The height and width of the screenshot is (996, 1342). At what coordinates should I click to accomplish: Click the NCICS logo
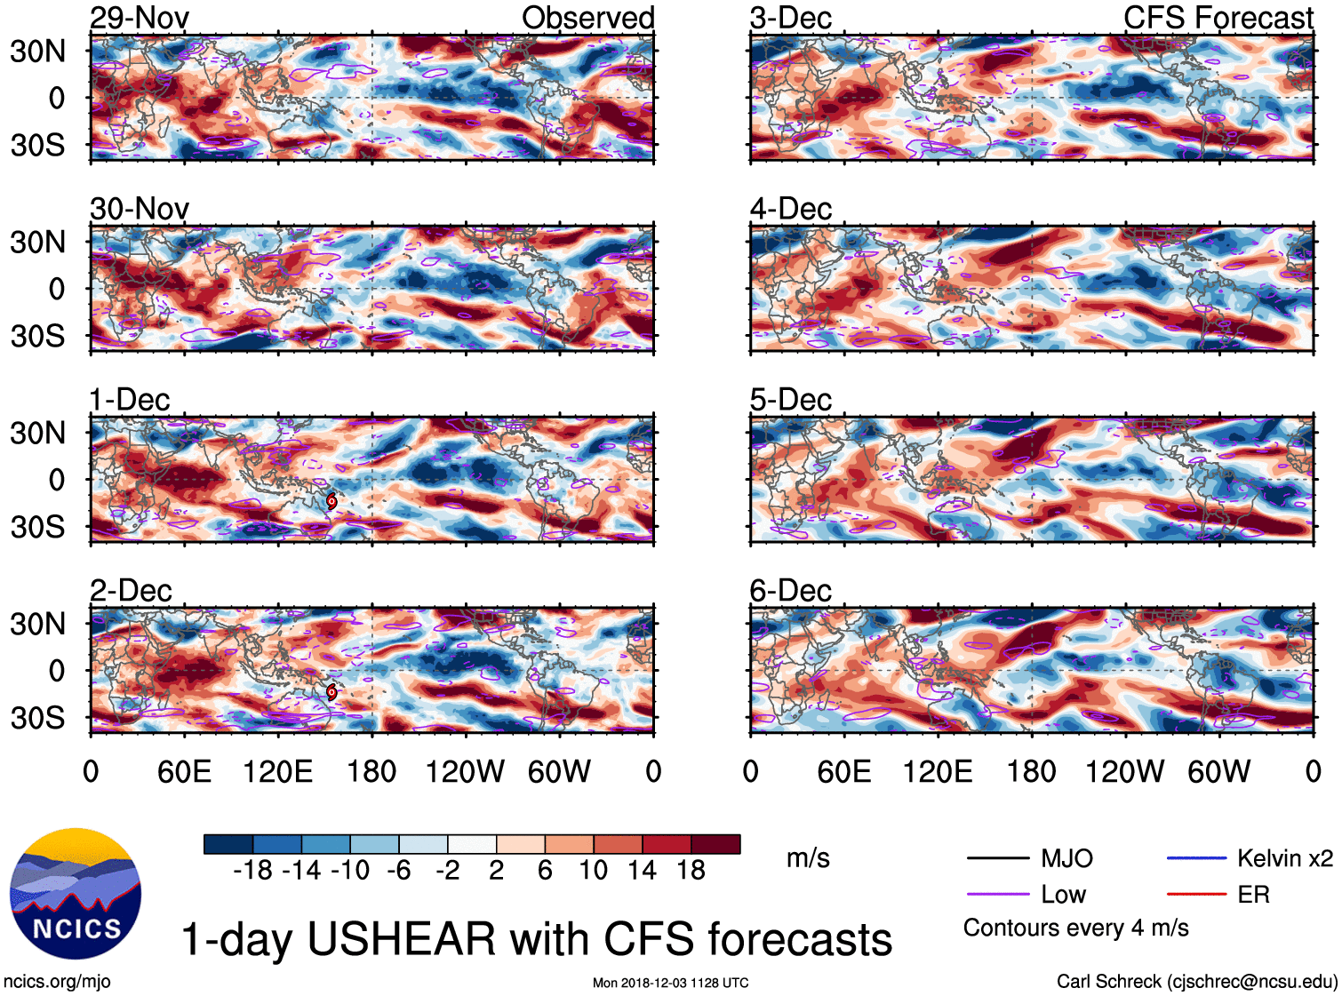(x=76, y=894)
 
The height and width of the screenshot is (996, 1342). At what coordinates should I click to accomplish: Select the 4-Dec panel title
(x=790, y=210)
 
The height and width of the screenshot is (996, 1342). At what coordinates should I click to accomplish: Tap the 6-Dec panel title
(x=790, y=591)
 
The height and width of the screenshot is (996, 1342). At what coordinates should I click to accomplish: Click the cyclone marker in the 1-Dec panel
(x=332, y=501)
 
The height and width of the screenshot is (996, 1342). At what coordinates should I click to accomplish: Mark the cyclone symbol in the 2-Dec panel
(x=332, y=691)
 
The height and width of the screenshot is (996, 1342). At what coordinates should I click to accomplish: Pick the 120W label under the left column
(x=465, y=771)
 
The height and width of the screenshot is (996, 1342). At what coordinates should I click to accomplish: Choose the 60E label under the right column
(x=843, y=771)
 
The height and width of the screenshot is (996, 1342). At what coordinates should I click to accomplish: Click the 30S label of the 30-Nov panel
(x=37, y=336)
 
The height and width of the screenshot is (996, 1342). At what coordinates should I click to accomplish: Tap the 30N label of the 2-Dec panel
(x=37, y=624)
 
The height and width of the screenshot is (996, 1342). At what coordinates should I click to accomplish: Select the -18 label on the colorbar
(x=252, y=870)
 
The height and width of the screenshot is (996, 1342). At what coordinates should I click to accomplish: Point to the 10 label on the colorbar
(x=594, y=870)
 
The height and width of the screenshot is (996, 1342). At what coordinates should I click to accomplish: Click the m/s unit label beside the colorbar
(x=808, y=858)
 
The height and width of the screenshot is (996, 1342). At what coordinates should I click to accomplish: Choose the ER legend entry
(x=1253, y=895)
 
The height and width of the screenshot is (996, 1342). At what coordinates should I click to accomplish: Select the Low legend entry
(x=1063, y=895)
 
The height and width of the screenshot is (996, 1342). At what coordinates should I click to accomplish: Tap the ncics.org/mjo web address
(x=57, y=981)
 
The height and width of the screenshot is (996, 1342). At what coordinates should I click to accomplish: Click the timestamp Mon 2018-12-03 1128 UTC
(x=670, y=983)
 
